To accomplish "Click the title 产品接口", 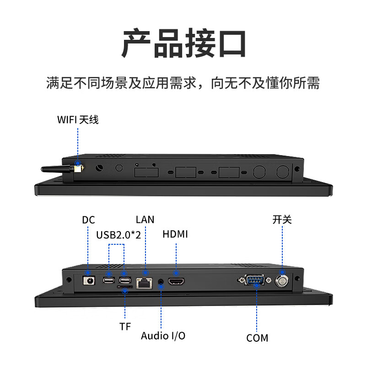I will [183, 43].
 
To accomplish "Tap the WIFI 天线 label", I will [78, 120].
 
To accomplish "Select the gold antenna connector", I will [78, 168].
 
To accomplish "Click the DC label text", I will [88, 220].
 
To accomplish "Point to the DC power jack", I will [88, 280].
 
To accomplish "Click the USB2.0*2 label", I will [118, 235].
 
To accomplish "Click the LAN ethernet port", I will [145, 282].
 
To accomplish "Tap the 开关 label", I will [282, 220].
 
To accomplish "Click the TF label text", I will [125, 326].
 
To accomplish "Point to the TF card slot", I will [125, 288].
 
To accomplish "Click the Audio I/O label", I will [163, 335].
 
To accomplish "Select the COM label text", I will [257, 338].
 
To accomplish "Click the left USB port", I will [109, 280].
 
